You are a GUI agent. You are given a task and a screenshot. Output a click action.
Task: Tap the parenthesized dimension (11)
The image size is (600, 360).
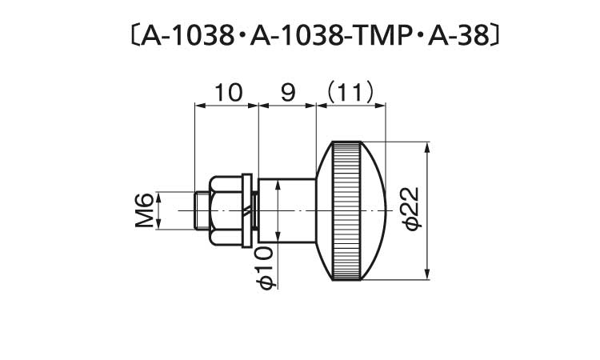350,94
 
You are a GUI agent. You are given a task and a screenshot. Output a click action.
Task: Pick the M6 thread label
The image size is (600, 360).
144,210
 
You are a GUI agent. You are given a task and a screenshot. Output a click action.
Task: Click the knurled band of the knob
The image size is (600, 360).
346,210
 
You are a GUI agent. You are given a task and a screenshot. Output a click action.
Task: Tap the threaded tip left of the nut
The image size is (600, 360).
202,210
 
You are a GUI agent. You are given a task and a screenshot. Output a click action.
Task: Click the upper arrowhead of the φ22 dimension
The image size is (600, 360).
429,149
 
